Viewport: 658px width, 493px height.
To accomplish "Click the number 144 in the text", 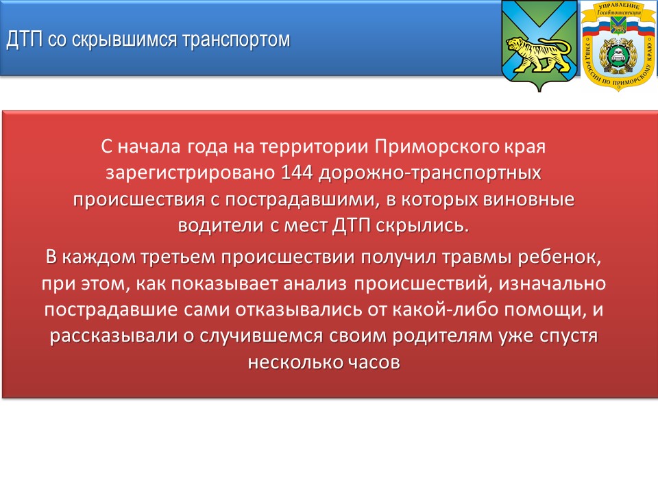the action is coord(297,173).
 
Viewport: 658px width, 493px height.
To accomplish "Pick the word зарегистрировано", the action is coord(190,173).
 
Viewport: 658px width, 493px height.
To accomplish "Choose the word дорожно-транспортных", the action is coord(430,173).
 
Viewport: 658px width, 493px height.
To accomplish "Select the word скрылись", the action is coord(422,225).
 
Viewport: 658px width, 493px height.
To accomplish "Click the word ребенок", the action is coord(559,257).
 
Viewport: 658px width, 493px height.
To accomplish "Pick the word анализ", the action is coord(315,283).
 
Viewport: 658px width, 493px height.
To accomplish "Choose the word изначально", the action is coord(552,283).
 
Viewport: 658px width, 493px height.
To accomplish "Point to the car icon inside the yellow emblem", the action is coord(618,53).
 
